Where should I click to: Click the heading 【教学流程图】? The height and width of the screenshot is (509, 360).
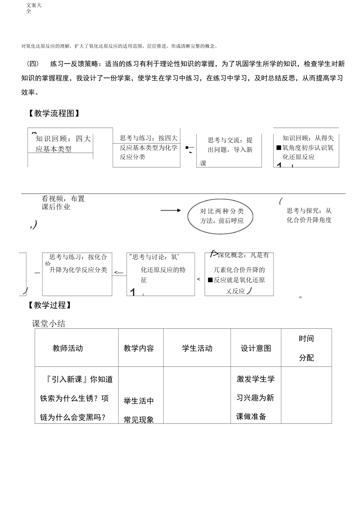point(54,113)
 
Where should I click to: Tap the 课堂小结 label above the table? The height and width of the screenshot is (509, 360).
point(49,323)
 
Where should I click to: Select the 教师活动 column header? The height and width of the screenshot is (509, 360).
point(68,348)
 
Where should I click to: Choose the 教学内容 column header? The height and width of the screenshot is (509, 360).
point(139,348)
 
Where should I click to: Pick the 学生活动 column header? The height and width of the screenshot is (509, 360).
point(197,348)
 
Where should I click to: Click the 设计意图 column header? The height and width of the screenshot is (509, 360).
point(256,348)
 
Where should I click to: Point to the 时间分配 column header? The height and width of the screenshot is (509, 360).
point(306,348)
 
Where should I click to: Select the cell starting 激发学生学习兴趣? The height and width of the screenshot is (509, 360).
point(255,397)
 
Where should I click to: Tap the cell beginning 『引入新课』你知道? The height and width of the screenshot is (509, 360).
point(76,398)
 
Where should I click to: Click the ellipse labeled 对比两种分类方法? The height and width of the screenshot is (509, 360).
point(221,216)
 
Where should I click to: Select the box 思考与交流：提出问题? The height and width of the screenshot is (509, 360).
point(229,150)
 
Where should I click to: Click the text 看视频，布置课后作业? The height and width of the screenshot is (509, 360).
point(63,203)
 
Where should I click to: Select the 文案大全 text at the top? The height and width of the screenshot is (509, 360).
point(34,8)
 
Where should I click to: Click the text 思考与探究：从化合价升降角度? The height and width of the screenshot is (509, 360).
point(309,215)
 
